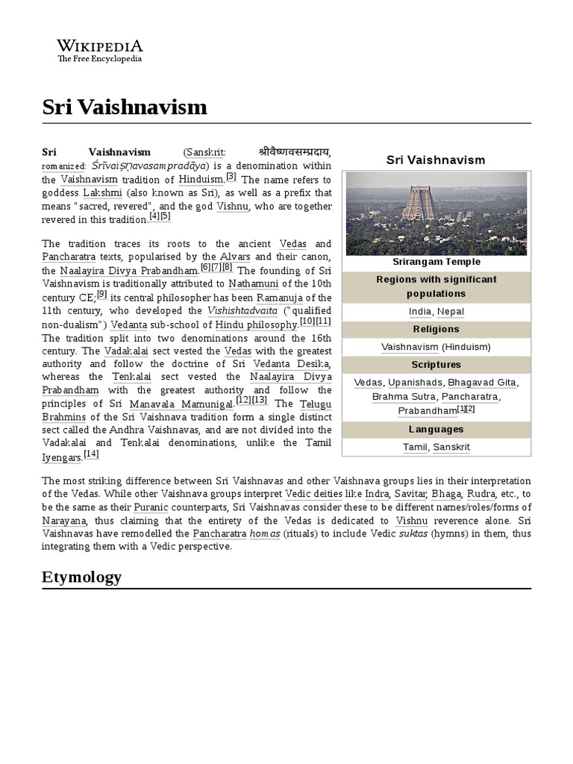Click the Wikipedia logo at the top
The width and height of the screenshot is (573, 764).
(x=100, y=51)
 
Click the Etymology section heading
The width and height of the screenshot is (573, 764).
(x=81, y=577)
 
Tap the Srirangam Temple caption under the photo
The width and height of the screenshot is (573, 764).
(x=436, y=262)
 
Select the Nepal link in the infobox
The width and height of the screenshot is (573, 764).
(x=451, y=312)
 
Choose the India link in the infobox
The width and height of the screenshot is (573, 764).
(x=420, y=312)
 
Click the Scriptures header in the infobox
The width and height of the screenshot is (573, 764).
(x=436, y=365)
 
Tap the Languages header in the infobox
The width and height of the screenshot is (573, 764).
(x=436, y=430)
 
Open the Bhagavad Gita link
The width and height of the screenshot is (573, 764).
(x=483, y=383)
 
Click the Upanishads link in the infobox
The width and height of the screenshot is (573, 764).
(x=415, y=383)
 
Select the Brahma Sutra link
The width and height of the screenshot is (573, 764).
(x=404, y=397)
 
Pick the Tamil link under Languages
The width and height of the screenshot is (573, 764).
(x=415, y=448)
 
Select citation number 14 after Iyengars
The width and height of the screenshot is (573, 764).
(x=91, y=454)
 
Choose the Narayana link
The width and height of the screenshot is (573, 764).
(x=64, y=521)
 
